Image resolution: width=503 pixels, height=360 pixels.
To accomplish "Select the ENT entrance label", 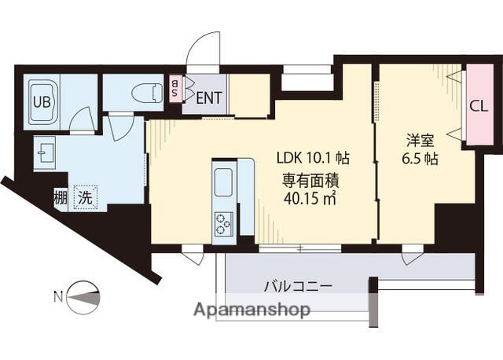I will click(x=208, y=98).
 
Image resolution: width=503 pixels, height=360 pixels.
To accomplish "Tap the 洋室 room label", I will click(x=420, y=141).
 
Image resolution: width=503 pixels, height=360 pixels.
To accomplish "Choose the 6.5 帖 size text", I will click(x=420, y=159).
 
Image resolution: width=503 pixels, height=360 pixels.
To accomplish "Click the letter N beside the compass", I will click(x=57, y=296).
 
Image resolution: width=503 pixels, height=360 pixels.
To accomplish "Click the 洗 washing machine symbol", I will click(x=83, y=197).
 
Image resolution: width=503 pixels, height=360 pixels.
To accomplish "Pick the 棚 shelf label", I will click(x=61, y=197).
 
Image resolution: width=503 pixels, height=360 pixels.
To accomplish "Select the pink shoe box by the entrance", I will click(x=175, y=90).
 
